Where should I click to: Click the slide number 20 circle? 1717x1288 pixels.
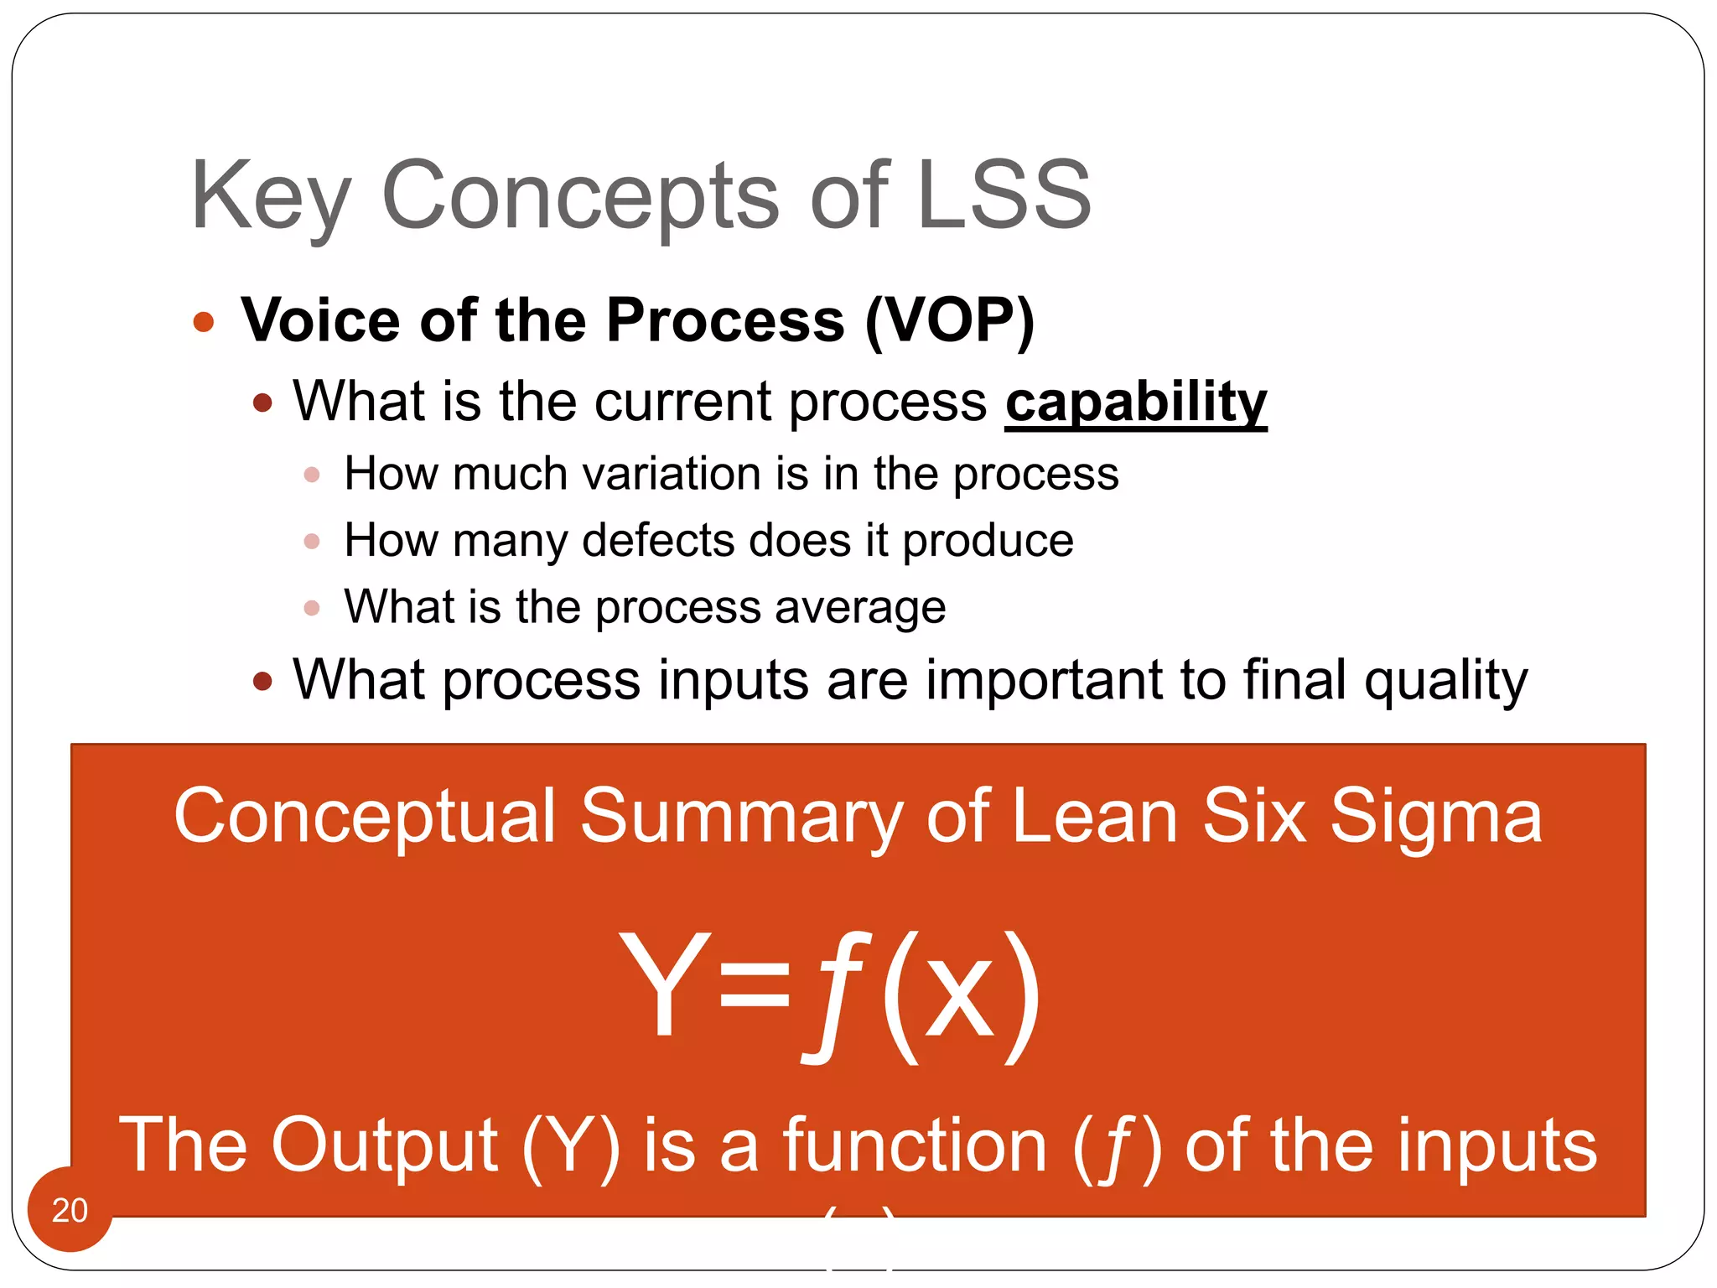pyautogui.click(x=70, y=1209)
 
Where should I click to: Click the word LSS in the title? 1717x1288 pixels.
pyautogui.click(x=1004, y=195)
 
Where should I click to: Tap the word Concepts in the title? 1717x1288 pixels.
pyautogui.click(x=580, y=196)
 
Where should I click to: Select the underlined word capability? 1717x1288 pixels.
pyautogui.click(x=1135, y=402)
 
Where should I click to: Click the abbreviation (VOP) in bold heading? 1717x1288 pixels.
pyautogui.click(x=950, y=321)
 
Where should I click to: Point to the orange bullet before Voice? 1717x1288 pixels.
pyautogui.click(x=204, y=322)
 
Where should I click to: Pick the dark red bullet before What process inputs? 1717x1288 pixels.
pyautogui.click(x=262, y=681)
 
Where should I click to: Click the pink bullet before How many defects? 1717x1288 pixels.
pyautogui.click(x=312, y=541)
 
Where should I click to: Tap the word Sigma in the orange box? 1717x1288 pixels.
pyautogui.click(x=1435, y=818)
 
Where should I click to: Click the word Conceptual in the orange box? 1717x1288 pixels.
pyautogui.click(x=365, y=818)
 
